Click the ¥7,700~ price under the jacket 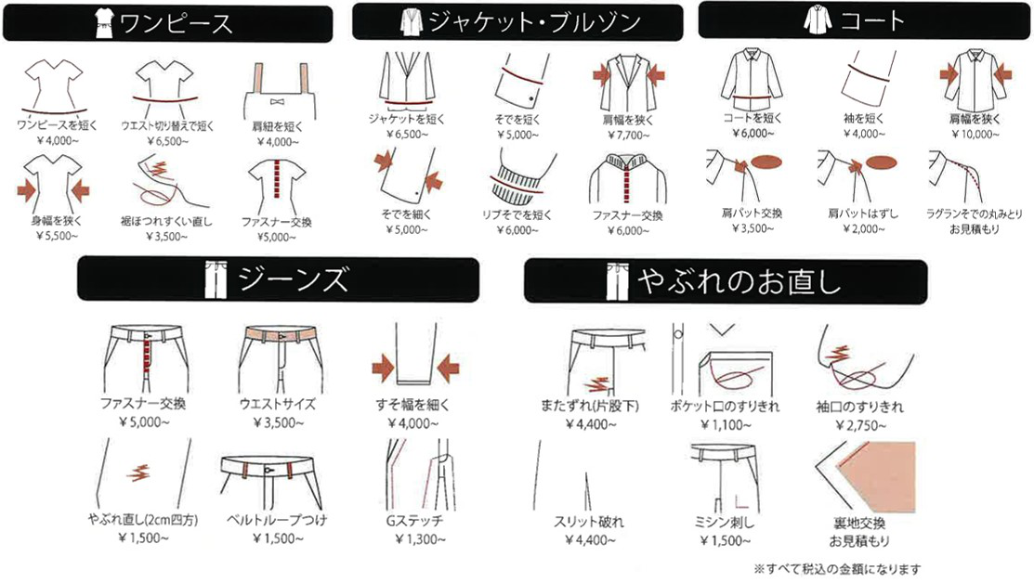[x=628, y=135]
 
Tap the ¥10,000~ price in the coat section [x=975, y=135]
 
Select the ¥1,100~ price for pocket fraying [x=726, y=425]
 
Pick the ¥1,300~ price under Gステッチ [x=420, y=539]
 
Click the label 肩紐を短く [x=278, y=126]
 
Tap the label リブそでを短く [x=517, y=214]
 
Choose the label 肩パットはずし [x=863, y=213]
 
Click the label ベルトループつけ [x=277, y=520]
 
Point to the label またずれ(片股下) [x=590, y=406]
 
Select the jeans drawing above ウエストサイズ [x=281, y=358]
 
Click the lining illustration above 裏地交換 [x=865, y=477]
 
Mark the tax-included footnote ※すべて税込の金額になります [x=837, y=568]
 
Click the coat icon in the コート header [x=818, y=19]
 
